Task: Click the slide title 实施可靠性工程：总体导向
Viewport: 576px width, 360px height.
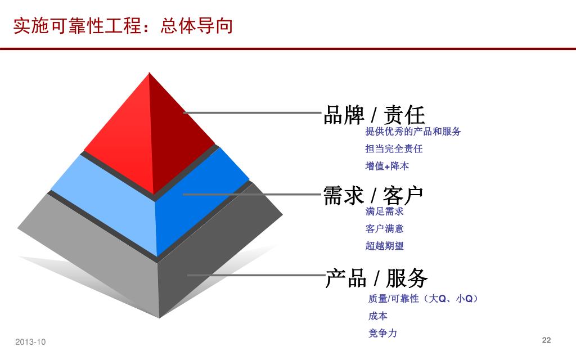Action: coord(123,26)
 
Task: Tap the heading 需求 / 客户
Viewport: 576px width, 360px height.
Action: coord(373,195)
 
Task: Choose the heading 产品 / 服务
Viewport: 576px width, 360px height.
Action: coord(376,278)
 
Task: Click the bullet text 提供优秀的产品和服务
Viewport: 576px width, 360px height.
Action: coord(413,132)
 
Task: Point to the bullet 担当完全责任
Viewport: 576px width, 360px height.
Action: coord(394,149)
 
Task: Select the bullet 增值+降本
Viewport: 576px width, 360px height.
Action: coord(387,166)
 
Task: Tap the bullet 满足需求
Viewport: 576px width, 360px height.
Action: coord(384,211)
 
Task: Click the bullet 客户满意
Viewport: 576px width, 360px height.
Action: coord(384,229)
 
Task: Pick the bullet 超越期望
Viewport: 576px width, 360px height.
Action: coord(384,246)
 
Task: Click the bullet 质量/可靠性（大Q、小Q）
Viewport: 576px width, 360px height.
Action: coord(423,299)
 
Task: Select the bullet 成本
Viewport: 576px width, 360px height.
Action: coord(377,316)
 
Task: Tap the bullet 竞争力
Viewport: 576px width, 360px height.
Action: coord(382,334)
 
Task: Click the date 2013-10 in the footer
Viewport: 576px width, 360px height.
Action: coord(30,342)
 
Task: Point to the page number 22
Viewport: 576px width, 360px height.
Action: coord(546,340)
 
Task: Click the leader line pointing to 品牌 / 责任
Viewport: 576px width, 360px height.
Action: coord(253,113)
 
